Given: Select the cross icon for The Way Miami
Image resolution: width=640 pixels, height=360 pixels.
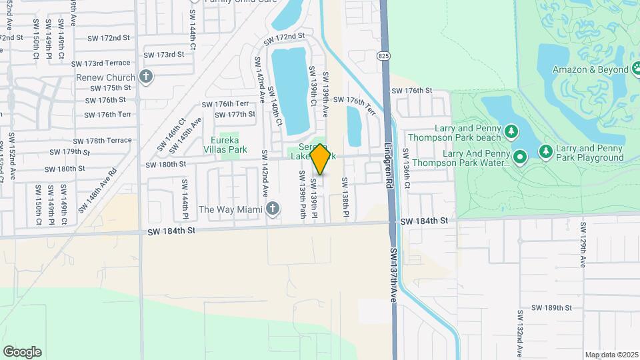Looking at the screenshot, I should [x=271, y=209].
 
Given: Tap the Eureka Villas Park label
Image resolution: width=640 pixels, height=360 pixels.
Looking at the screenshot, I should [x=229, y=145].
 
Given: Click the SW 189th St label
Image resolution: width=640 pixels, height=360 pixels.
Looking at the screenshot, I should [x=552, y=307].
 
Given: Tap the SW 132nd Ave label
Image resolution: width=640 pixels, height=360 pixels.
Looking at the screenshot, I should [x=519, y=331].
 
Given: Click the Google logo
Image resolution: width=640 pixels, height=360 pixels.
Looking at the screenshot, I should [x=22, y=352].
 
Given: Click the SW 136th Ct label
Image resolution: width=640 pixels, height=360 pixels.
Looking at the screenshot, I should [x=408, y=176].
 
